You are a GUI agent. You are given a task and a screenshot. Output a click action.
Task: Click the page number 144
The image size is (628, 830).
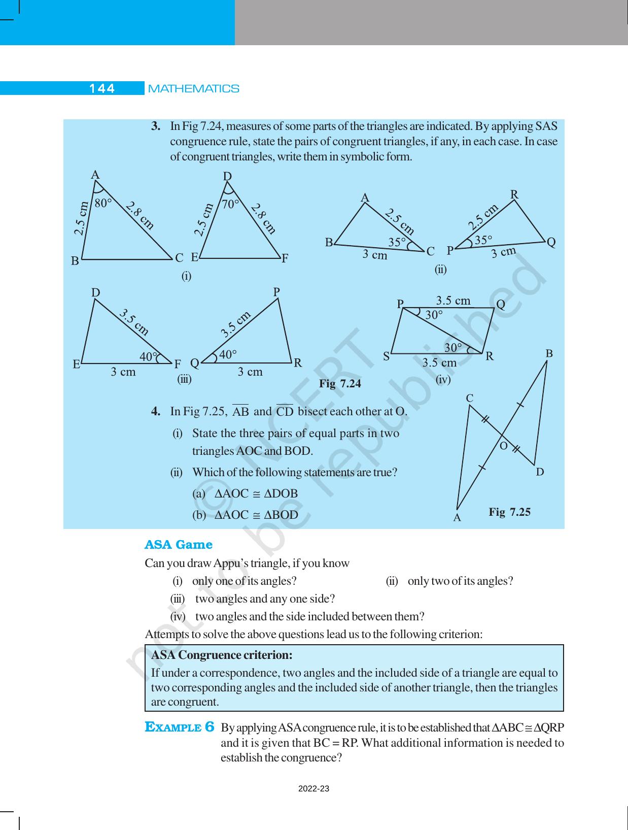point(102,88)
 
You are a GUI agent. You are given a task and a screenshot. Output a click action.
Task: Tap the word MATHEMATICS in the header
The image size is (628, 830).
point(193,89)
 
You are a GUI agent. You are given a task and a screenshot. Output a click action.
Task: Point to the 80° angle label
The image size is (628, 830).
point(103,203)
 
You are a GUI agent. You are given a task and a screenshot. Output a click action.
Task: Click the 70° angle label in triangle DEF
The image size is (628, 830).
point(231,204)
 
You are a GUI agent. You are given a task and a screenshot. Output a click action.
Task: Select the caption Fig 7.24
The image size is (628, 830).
point(340,384)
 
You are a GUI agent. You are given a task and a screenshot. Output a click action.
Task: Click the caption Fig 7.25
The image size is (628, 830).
point(509,512)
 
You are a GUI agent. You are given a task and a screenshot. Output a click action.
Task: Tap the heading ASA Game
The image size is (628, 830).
point(178,545)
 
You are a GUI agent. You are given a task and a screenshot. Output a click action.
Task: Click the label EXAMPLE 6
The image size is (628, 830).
point(180,727)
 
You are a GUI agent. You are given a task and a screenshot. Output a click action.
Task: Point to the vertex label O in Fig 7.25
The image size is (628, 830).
point(503,446)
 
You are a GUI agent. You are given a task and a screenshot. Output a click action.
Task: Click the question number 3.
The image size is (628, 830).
point(156,125)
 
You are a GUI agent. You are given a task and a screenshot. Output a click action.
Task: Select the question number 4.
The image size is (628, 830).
point(156,411)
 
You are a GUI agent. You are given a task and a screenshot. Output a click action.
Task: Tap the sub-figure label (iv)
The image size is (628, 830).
point(443,379)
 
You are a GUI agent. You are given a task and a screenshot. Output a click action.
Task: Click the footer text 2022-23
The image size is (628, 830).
point(313,788)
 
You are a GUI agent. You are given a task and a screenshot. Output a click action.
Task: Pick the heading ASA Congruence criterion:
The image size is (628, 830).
point(222,655)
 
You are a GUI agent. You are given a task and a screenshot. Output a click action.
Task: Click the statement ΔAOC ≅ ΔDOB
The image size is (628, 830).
point(256,493)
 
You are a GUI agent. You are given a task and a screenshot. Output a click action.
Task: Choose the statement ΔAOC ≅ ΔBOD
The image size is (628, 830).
point(256,515)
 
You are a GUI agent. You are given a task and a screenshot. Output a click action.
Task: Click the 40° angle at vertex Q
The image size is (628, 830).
point(228,354)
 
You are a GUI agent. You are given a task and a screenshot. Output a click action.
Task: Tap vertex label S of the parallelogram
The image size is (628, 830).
point(387,356)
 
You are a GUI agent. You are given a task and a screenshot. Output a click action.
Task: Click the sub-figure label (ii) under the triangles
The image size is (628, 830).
point(440,270)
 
